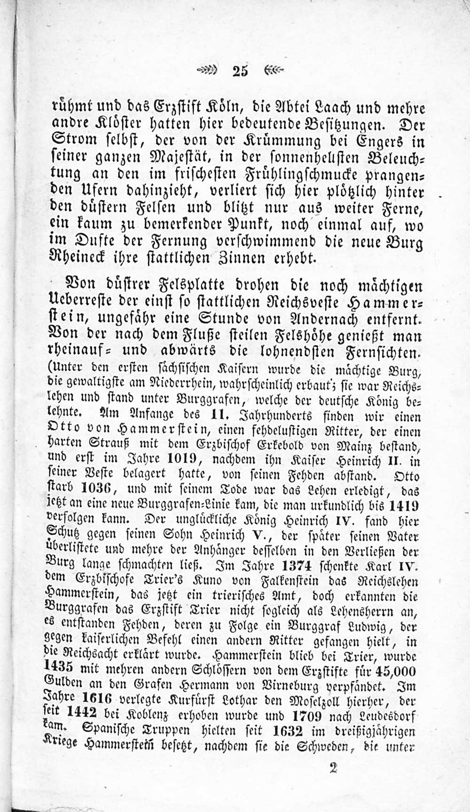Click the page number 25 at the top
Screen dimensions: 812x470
coord(240,71)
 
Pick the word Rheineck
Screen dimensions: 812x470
coord(76,258)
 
